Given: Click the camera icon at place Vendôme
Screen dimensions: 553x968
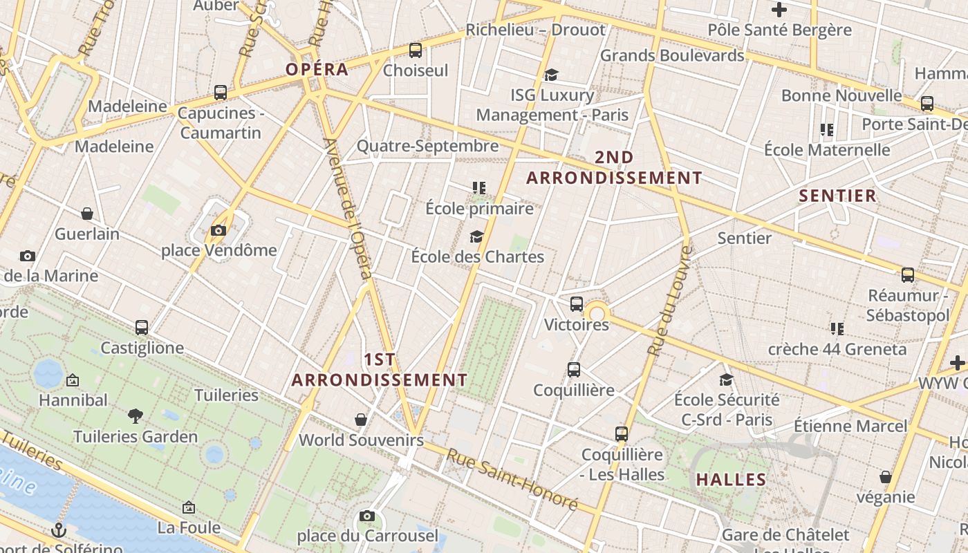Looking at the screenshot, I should pos(218,230).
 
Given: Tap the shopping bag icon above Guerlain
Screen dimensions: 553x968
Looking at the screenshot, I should pos(87,214).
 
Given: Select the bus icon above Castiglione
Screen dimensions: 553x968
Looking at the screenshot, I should pos(142,327).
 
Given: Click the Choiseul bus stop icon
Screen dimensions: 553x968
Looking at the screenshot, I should pos(415,50).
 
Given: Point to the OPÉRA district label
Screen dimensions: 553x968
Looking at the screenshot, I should pos(317,70).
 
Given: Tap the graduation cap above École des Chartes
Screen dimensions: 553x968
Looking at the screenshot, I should pos(476,237).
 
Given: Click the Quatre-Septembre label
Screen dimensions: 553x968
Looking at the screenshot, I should pos(427,146).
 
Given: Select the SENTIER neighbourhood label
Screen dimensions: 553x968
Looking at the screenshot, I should pos(837,196).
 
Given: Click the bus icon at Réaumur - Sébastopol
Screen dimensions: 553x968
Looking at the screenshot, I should pos(908,275).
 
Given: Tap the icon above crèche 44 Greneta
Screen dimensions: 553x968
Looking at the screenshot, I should pos(837,328).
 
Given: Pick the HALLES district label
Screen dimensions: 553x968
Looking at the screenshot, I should pos(731,480).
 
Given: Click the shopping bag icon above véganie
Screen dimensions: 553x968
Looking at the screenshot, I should pos(885,477).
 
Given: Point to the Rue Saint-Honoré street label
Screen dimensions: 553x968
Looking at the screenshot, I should pos(512,479).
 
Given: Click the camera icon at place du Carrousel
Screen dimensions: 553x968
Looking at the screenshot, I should pos(367,516).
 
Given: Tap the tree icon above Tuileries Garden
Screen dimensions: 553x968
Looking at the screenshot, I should pos(136,415).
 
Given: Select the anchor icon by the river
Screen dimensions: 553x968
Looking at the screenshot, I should pos(59,530).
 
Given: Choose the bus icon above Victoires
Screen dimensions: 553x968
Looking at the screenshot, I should pos(577,304).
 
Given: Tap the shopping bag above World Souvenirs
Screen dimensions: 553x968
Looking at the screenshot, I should pos(360,419).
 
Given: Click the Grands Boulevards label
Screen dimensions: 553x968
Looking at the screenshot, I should pos(671,55).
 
